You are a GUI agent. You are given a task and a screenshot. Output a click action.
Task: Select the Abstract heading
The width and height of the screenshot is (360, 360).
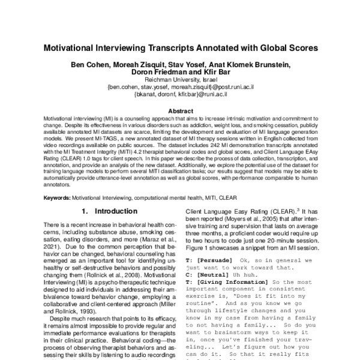(180, 111)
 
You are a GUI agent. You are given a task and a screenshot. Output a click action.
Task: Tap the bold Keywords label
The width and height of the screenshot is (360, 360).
(62, 197)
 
